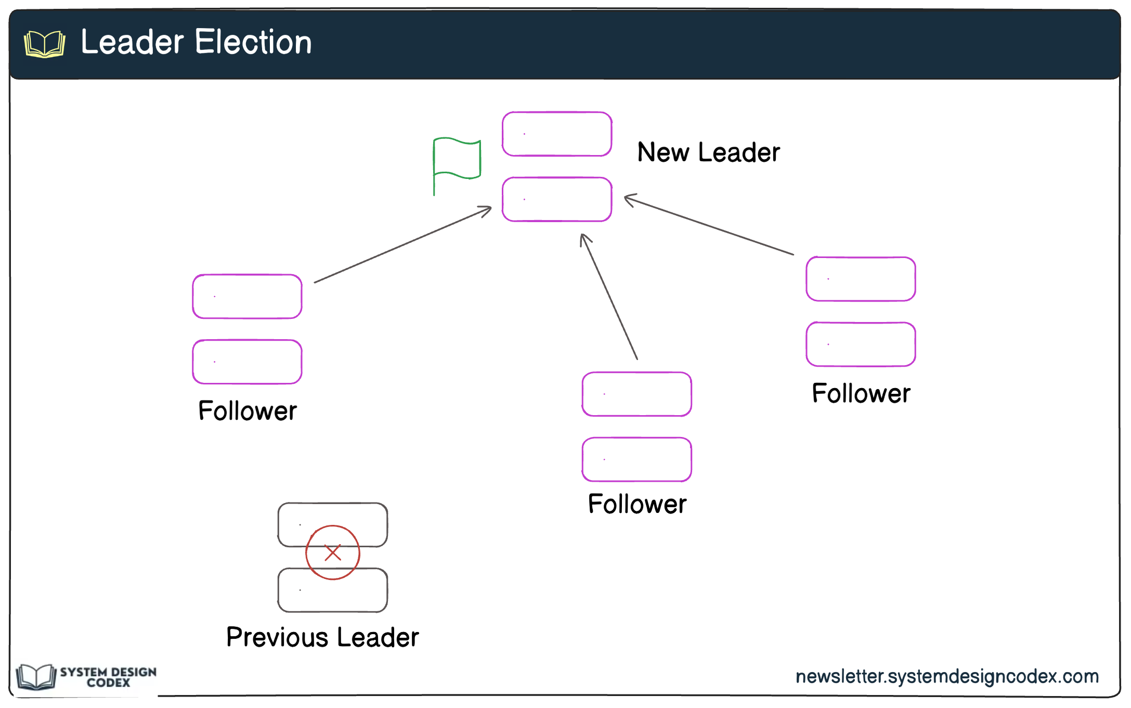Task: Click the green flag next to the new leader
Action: (x=457, y=158)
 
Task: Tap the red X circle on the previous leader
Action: (x=332, y=552)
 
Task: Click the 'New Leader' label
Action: (x=708, y=152)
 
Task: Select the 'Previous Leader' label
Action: (x=322, y=637)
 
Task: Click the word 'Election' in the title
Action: (x=253, y=42)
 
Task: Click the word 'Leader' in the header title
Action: (x=133, y=42)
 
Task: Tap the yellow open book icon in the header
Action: (x=45, y=44)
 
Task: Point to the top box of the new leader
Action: (x=556, y=134)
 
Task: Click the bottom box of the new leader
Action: (x=556, y=200)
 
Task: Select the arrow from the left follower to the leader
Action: (x=403, y=245)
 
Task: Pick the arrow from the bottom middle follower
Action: (x=609, y=297)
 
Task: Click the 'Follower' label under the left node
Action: (x=248, y=411)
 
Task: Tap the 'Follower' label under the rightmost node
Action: (x=861, y=393)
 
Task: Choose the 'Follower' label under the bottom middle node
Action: (x=637, y=504)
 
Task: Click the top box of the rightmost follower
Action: (x=861, y=279)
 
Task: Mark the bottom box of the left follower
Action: (x=247, y=362)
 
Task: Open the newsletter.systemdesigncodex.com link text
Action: (x=947, y=676)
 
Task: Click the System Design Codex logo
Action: (x=86, y=677)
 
